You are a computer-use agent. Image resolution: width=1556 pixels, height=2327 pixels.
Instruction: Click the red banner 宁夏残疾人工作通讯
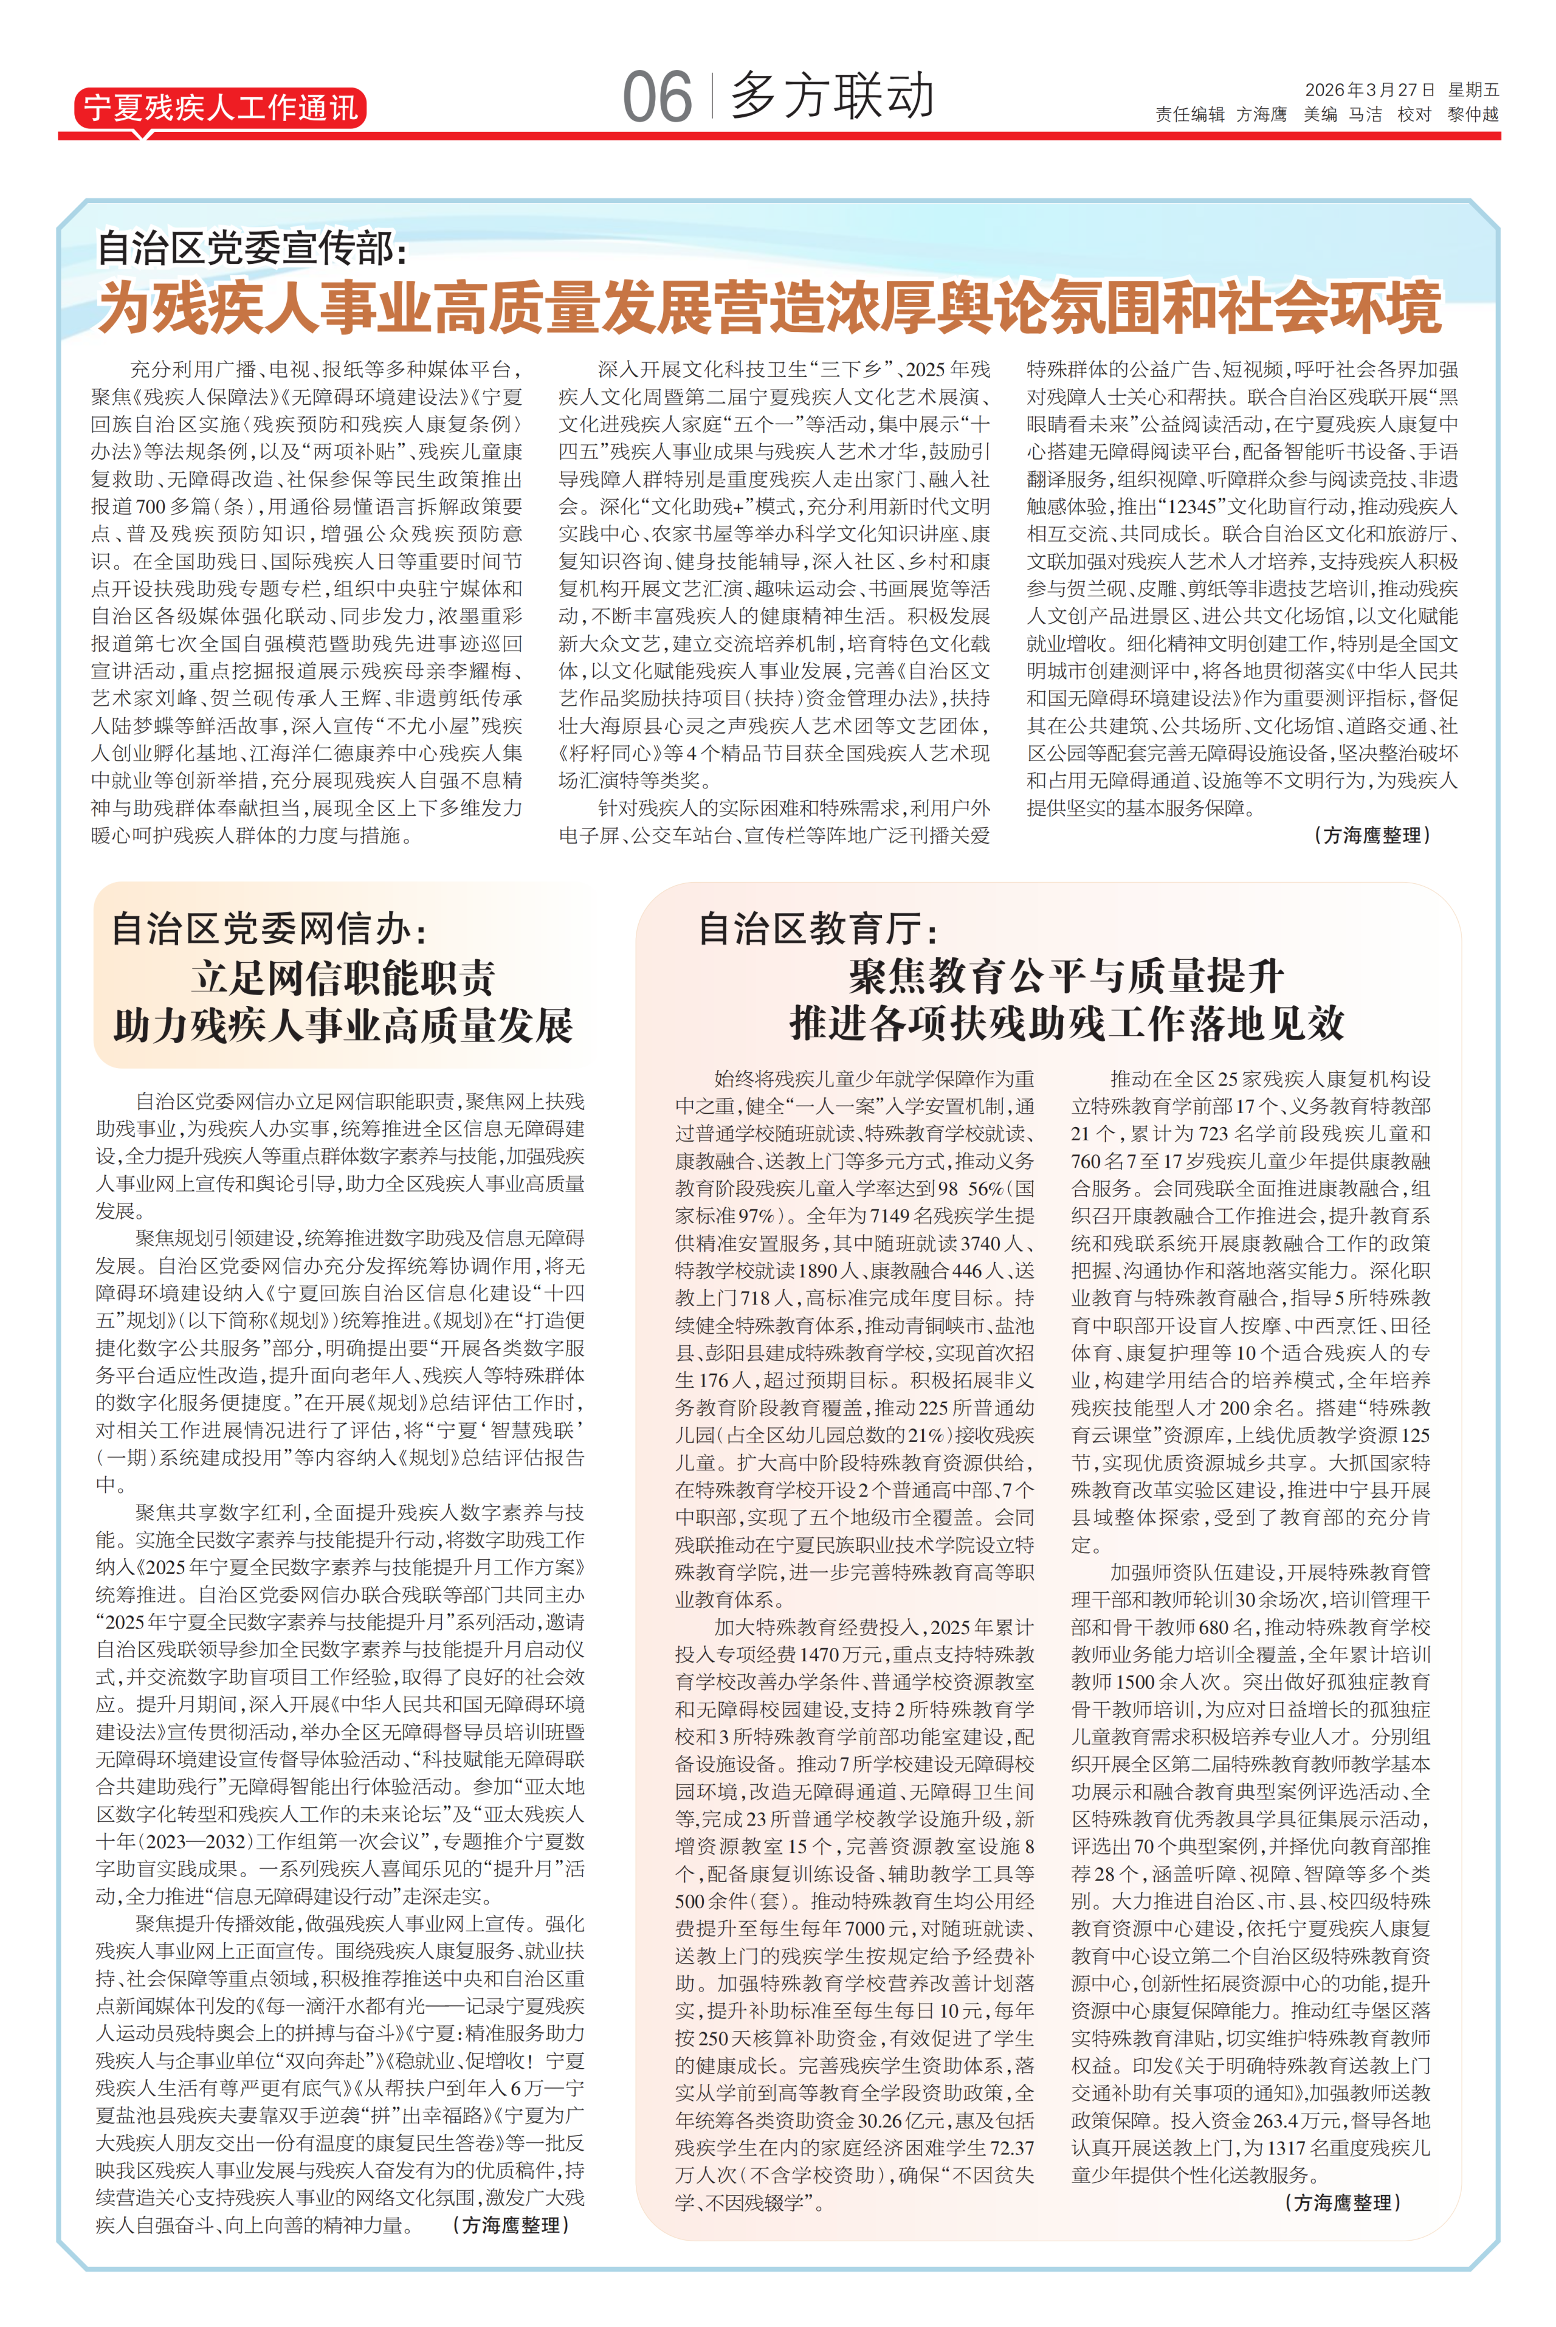(x=219, y=107)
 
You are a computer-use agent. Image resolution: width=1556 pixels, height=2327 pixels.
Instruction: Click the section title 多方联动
(x=831, y=96)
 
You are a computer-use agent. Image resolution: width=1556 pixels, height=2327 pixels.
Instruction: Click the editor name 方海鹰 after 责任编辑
(x=1261, y=115)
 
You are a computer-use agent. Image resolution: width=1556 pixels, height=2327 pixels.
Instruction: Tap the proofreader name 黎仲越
(x=1473, y=115)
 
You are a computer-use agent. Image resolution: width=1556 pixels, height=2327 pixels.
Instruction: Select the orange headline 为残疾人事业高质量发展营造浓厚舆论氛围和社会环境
(x=769, y=308)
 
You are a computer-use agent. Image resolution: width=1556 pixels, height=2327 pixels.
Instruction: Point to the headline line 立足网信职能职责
(x=343, y=979)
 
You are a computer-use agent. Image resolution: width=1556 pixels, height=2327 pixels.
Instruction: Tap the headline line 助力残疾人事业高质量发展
(x=343, y=1026)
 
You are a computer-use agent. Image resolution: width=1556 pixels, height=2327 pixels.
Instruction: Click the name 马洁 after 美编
(x=1366, y=115)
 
